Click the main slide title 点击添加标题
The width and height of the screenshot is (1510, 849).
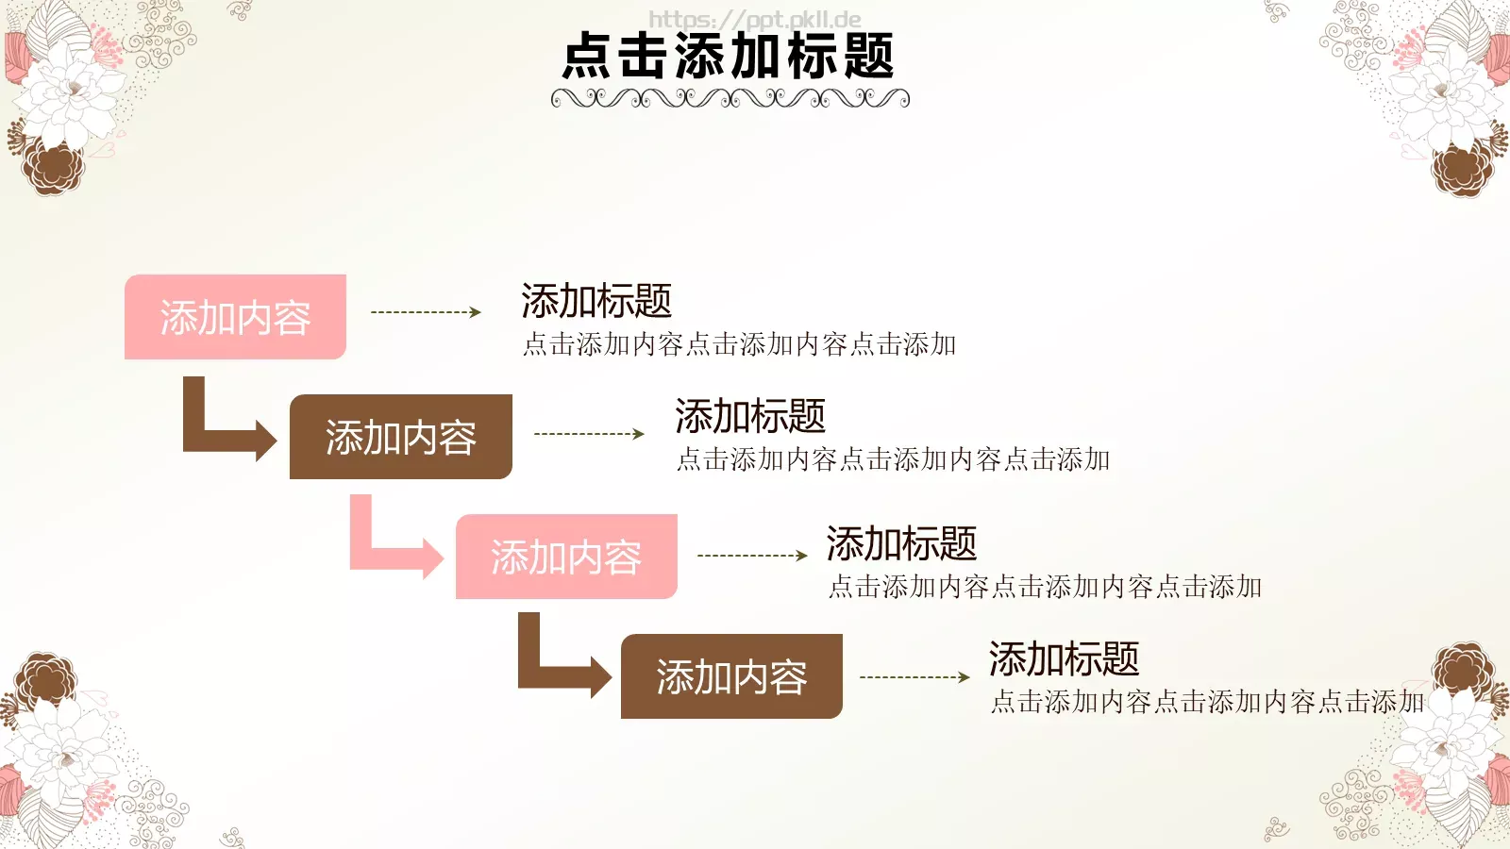728,57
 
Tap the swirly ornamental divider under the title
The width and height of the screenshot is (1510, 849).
730,98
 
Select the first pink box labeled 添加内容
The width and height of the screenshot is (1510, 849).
235,317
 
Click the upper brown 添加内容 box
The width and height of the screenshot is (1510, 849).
400,437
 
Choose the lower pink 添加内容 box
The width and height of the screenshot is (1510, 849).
566,557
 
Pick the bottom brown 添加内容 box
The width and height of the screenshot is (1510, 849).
731,676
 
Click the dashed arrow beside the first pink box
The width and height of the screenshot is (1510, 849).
426,312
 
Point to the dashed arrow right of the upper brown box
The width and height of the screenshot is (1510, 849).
589,434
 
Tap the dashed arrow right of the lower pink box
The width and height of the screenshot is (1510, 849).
752,556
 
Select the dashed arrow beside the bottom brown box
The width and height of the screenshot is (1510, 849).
914,677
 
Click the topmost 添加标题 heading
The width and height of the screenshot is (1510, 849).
596,302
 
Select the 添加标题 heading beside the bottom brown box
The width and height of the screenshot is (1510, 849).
1064,659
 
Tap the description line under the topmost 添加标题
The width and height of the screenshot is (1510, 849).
739,344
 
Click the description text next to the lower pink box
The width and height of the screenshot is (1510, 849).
1045,587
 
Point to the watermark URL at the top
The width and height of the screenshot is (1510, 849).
754,19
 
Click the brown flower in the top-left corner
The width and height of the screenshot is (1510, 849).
53,167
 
